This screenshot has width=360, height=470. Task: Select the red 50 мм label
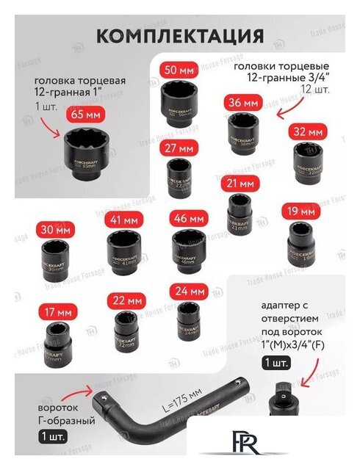pyautogui.click(x=178, y=70)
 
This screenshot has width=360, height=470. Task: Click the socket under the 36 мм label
pyautogui.click(x=242, y=130)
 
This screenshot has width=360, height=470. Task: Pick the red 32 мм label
pyautogui.click(x=308, y=132)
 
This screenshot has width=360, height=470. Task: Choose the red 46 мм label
pyautogui.click(x=187, y=219)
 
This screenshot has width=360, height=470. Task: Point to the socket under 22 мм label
pyautogui.click(x=125, y=330)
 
